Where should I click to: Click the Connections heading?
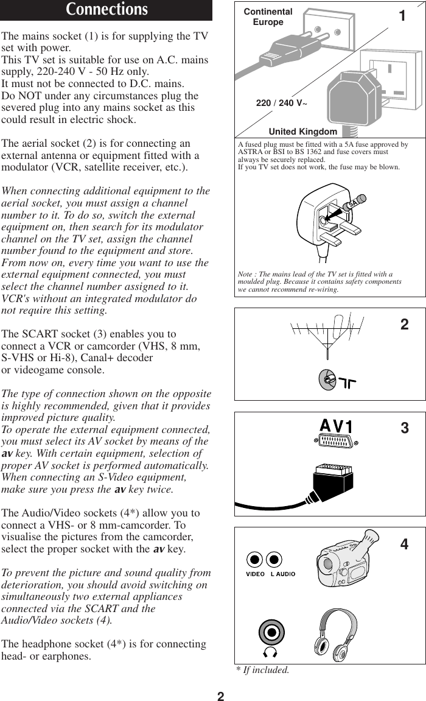click(106, 10)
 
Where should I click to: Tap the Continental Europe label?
click(268, 17)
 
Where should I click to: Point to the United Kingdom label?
click(302, 132)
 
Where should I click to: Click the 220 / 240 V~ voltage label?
click(282, 103)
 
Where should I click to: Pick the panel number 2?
click(404, 325)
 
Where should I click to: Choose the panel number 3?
click(405, 428)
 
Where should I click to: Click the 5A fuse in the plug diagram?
click(355, 203)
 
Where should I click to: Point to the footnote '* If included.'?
click(263, 671)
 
